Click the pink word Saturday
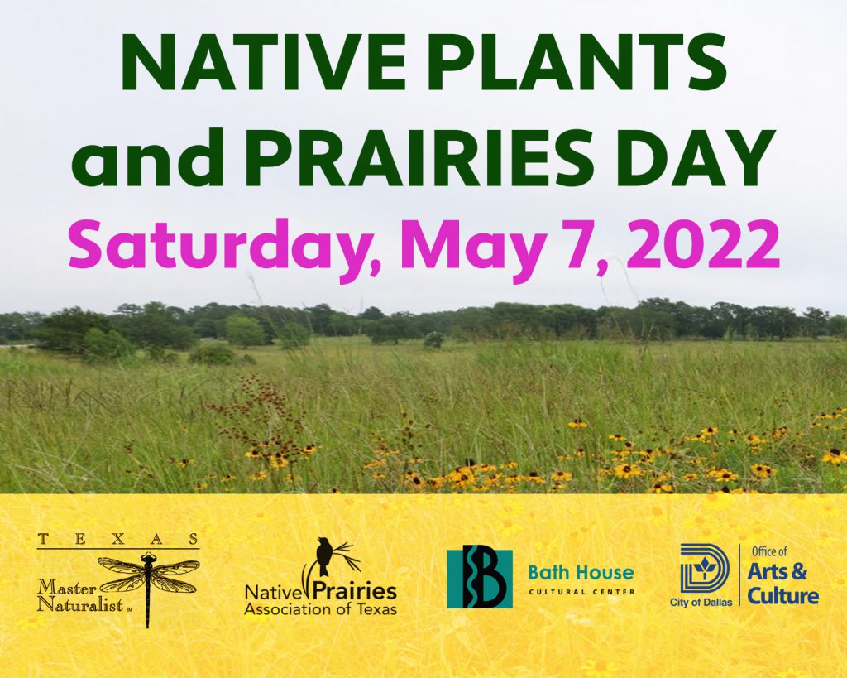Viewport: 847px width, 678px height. (219, 246)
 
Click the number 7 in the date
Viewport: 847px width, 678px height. (580, 244)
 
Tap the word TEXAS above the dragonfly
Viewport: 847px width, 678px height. (117, 538)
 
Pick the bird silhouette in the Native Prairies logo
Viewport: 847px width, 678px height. (324, 556)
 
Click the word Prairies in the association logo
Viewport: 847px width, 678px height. (355, 591)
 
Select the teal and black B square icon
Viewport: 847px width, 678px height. (479, 579)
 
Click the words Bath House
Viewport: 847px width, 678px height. (581, 573)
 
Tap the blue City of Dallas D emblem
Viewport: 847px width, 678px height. (705, 569)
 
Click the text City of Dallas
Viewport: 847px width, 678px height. (701, 603)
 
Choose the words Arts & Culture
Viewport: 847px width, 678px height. (782, 584)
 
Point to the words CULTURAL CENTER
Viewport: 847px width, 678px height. (581, 592)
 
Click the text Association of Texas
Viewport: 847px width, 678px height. (320, 610)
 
